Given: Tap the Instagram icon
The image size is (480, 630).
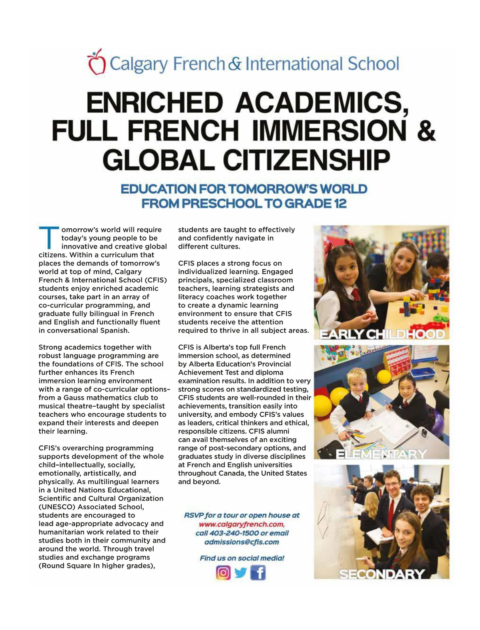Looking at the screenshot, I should [223, 572].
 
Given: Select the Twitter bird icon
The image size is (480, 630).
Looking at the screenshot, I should [241, 572].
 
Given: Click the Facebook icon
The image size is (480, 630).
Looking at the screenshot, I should [258, 572].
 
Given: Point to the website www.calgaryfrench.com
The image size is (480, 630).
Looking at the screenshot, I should [242, 524].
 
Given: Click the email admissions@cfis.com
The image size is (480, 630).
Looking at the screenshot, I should [241, 542].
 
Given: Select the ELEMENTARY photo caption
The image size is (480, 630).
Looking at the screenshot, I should [381, 454].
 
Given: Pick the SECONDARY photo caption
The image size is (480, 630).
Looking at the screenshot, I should [382, 574].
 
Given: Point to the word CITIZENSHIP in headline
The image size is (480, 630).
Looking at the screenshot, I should [306, 160].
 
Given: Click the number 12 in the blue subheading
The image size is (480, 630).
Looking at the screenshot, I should [339, 203].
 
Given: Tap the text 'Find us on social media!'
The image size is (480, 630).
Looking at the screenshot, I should [242, 558].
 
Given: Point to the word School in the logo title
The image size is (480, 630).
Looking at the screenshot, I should [373, 64].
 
